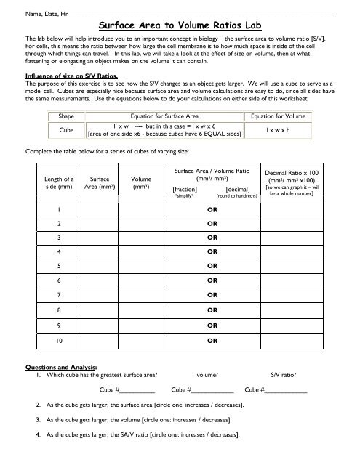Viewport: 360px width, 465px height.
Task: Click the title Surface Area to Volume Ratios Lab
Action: point(180,23)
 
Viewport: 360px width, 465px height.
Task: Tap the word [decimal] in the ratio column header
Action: point(238,188)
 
